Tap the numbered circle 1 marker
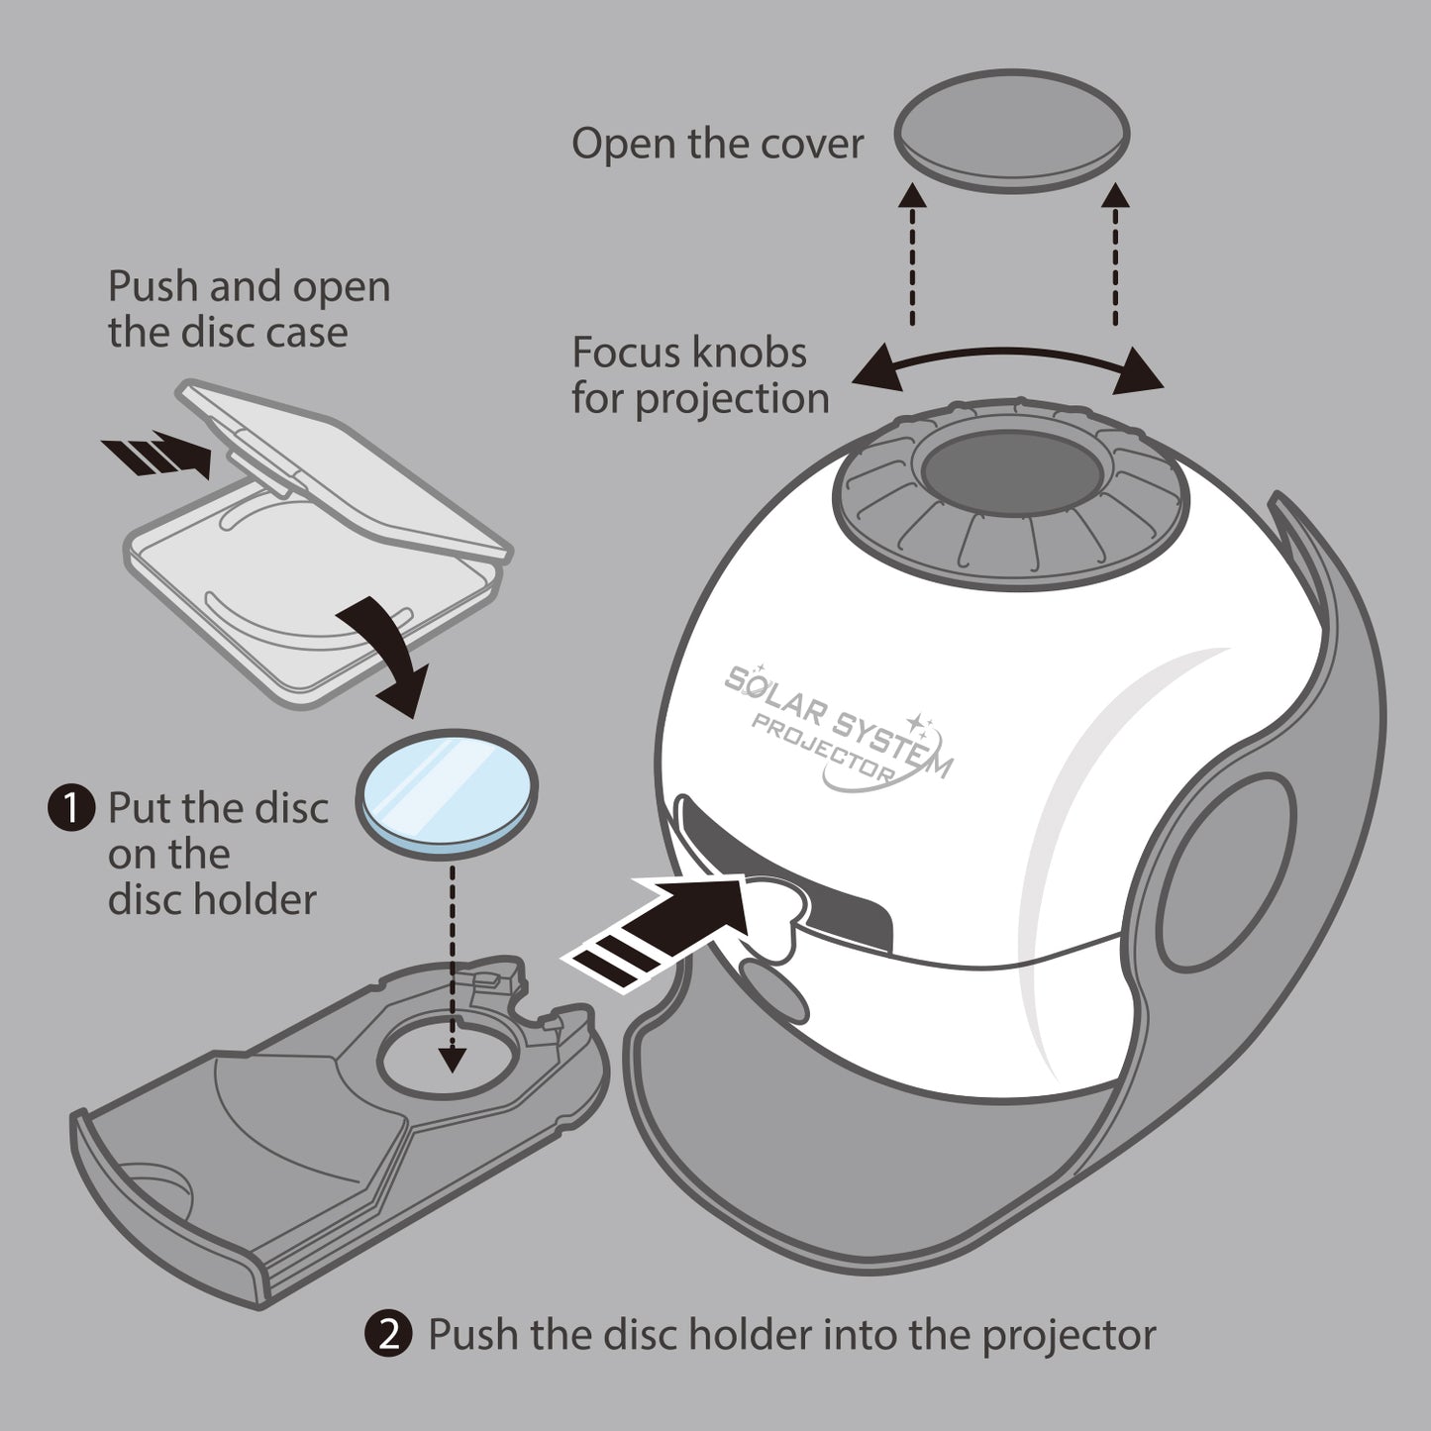71,808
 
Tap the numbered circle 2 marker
389,1334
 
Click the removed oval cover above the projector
1011,131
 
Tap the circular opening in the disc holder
448,1063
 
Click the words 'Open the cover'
717,144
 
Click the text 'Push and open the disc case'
248,309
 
